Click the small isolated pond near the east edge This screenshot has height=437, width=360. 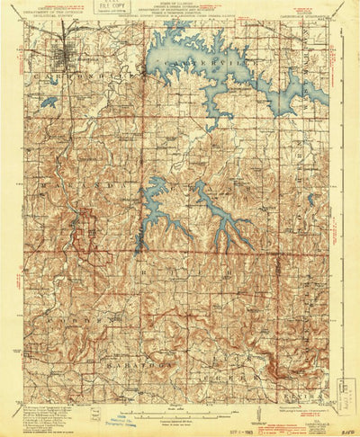(310, 200)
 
